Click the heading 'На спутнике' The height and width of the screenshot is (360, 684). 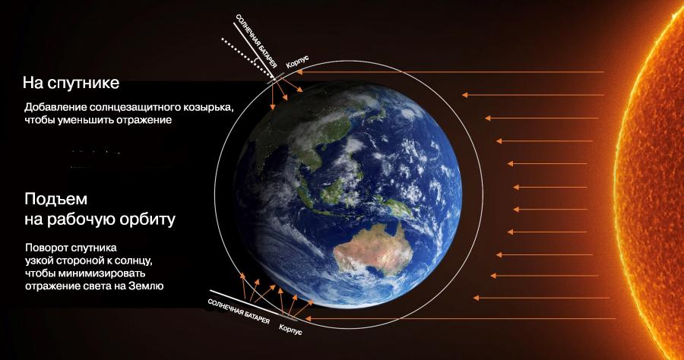click(71, 83)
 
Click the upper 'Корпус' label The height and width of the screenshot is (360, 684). click(297, 62)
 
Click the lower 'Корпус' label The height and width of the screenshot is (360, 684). click(290, 330)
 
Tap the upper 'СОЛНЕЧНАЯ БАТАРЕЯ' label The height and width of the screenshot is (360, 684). click(256, 42)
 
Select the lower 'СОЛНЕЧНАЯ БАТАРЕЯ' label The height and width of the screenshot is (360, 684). click(239, 312)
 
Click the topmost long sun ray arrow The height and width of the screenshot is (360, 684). click(450, 72)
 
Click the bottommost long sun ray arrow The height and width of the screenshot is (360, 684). click(461, 318)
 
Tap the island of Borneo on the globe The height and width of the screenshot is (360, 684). click(335, 191)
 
